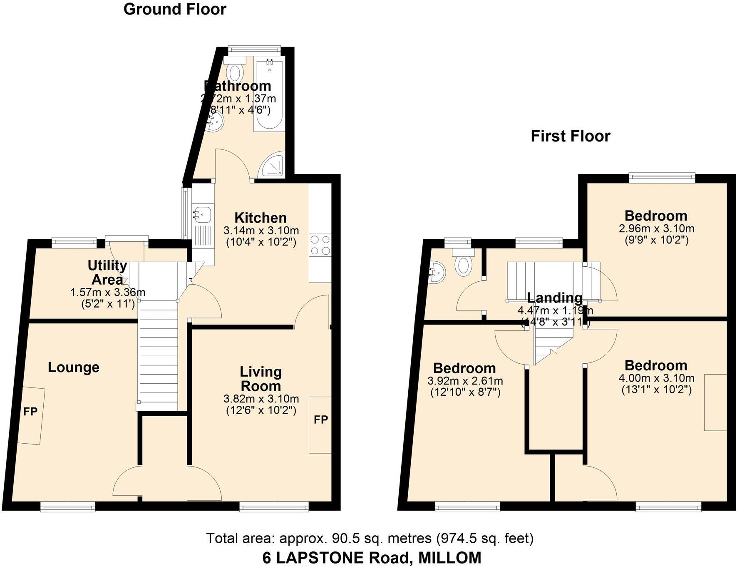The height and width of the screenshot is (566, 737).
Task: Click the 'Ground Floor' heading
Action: [175, 9]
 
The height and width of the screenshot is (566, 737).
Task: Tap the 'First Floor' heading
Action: [570, 136]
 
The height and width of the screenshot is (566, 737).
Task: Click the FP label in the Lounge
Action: [30, 412]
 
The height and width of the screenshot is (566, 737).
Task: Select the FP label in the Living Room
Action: [321, 420]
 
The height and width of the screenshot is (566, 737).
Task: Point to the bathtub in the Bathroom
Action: [270, 96]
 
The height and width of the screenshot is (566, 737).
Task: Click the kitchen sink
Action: [203, 215]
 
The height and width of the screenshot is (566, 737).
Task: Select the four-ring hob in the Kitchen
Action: [320, 245]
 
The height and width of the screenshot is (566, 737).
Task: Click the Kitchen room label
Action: [261, 218]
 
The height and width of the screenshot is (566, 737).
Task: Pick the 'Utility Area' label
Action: [107, 272]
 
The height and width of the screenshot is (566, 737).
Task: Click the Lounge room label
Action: [74, 367]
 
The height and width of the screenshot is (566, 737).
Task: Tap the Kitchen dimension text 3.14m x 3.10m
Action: [261, 230]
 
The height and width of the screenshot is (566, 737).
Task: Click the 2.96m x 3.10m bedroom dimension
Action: [656, 228]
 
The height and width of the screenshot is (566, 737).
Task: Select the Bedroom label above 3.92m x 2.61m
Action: [464, 368]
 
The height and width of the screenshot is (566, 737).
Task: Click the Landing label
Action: [555, 298]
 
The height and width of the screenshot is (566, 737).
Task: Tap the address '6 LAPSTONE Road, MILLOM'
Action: [372, 557]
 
